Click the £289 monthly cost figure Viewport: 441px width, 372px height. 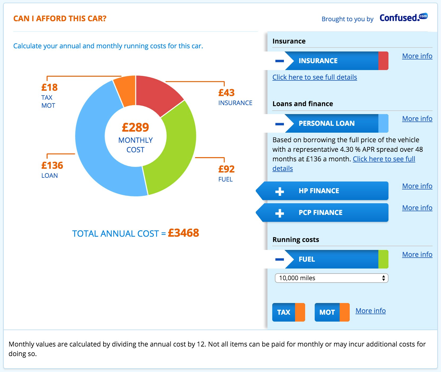135,127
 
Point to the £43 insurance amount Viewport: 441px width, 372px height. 226,93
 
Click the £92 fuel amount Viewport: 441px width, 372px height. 226,169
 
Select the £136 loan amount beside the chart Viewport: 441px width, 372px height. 52,165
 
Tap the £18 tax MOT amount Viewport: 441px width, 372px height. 49,87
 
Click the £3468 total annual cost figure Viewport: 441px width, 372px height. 183,233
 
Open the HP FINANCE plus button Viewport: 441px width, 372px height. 279,191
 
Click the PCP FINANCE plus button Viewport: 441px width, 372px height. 279,213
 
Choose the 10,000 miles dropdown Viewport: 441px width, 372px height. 331,278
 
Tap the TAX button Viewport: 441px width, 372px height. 284,312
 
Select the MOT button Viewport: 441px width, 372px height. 327,312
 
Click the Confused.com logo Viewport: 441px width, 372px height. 403,18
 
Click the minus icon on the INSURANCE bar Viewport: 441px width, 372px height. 279,61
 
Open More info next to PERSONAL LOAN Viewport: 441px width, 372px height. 417,119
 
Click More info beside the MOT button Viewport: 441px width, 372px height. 370,311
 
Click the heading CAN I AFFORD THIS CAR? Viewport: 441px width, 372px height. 60,19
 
